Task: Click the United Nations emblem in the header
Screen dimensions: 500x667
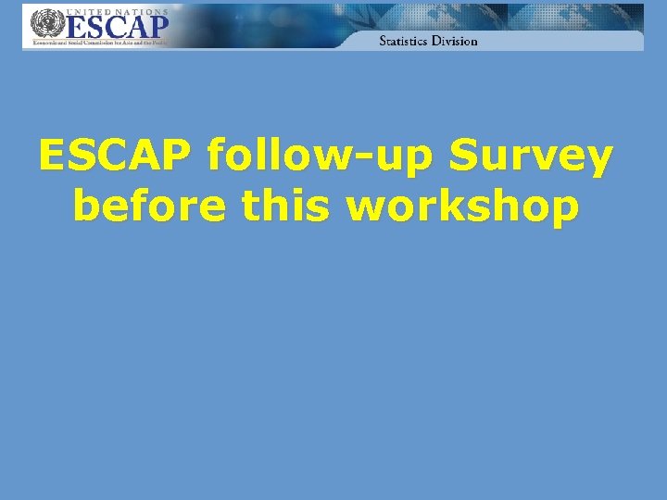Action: tap(43, 24)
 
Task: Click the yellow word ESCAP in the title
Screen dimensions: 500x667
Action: tap(117, 157)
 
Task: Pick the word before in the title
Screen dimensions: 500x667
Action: tap(148, 206)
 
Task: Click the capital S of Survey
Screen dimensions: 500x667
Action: tap(464, 157)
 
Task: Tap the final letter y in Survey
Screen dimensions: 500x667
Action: tap(598, 163)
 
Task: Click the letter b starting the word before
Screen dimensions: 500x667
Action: tap(85, 205)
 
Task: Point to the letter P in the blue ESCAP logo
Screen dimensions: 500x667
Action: tap(157, 27)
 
